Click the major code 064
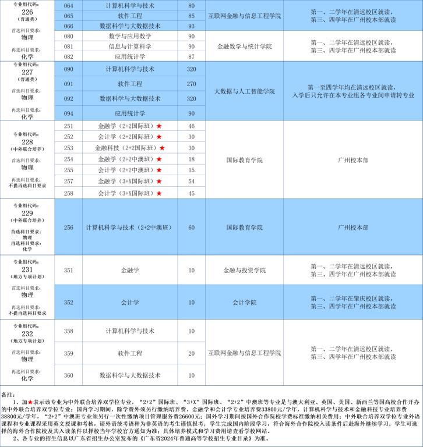[x=68, y=5]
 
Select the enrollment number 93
[x=192, y=26]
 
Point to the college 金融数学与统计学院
[x=245, y=47]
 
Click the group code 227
[x=27, y=72]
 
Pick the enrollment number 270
[x=192, y=84]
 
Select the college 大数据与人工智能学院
[x=245, y=91]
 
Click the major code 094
[x=68, y=113]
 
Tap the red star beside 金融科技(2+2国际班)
[x=162, y=148]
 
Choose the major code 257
[x=68, y=182]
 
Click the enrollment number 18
[x=192, y=159]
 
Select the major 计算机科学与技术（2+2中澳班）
[x=124, y=227]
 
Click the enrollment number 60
[x=192, y=227]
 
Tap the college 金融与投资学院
[x=245, y=270]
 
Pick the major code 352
[x=68, y=302]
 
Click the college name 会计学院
[x=245, y=302]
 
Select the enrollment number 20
[x=192, y=353]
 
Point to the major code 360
[x=68, y=375]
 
